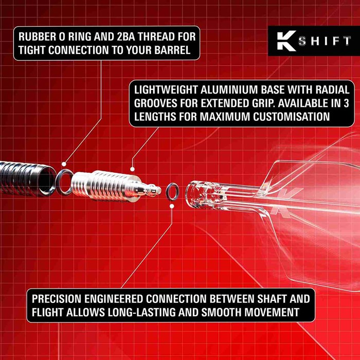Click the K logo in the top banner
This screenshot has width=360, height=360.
284,41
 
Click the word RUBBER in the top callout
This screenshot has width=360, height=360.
38,37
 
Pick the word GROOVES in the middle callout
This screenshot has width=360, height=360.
157,102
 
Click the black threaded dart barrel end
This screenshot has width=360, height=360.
26,175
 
